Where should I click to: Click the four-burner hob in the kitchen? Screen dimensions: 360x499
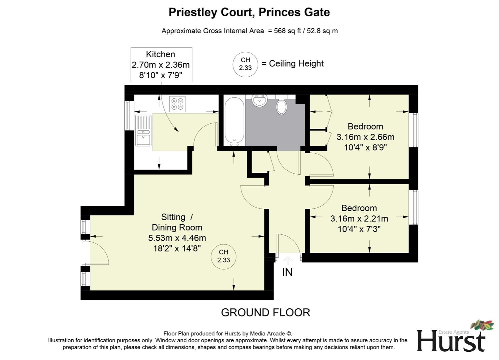point(177,104)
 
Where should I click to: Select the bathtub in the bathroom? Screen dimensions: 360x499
point(234,121)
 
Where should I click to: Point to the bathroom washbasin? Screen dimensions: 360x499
point(259,101)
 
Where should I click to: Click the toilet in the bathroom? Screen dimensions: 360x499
point(282,106)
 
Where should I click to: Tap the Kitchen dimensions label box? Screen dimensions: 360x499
point(161,65)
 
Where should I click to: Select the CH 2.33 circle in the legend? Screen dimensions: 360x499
point(245,64)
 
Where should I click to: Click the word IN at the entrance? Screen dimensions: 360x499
point(287,272)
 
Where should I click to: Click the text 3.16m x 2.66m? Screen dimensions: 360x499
point(365,137)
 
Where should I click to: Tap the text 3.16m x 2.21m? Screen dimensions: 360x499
point(359,219)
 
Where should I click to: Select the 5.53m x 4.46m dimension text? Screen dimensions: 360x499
point(177,238)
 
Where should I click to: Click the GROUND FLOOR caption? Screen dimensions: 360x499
point(266,313)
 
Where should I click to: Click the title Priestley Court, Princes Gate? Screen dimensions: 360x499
point(249,12)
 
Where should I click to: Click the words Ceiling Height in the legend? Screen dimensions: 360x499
point(296,64)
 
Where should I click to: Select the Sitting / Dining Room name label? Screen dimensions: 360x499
point(177,222)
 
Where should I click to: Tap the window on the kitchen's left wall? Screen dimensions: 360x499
point(127,115)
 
